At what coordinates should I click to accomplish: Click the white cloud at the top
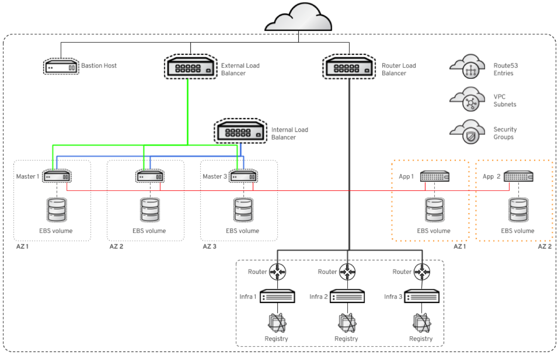pos(298,18)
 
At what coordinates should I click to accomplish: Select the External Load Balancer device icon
pos(191,68)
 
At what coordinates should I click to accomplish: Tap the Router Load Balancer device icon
pos(349,68)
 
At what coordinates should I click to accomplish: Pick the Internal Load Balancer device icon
pos(241,131)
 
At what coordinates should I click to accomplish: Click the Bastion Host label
pos(99,66)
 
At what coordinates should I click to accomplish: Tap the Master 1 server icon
pos(57,177)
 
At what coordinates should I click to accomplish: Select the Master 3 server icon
pos(243,177)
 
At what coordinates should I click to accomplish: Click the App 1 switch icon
pos(434,176)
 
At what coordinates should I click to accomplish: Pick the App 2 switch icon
pos(518,176)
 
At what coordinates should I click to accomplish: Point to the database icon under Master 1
pos(56,210)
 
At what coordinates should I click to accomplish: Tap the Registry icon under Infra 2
pos(347,323)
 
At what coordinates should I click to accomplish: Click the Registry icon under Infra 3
pos(421,323)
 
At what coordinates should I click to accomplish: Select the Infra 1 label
pos(248,297)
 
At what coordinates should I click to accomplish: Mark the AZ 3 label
pos(210,246)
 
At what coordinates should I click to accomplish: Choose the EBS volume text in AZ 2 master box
pos(149,231)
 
